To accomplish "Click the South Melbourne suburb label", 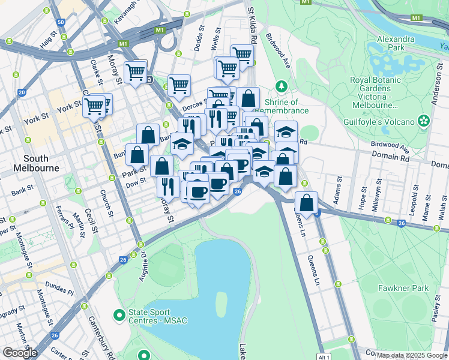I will (41, 163).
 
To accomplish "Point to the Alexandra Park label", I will (395, 43).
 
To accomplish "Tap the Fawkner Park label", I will (403, 288).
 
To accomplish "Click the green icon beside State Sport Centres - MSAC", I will (119, 314).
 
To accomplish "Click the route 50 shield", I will (61, 22).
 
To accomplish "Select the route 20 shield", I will (22, 92).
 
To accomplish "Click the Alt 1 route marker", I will (325, 356).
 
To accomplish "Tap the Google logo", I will (20, 352).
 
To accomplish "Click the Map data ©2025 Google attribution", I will (411, 355).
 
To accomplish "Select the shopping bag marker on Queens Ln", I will (307, 204).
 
